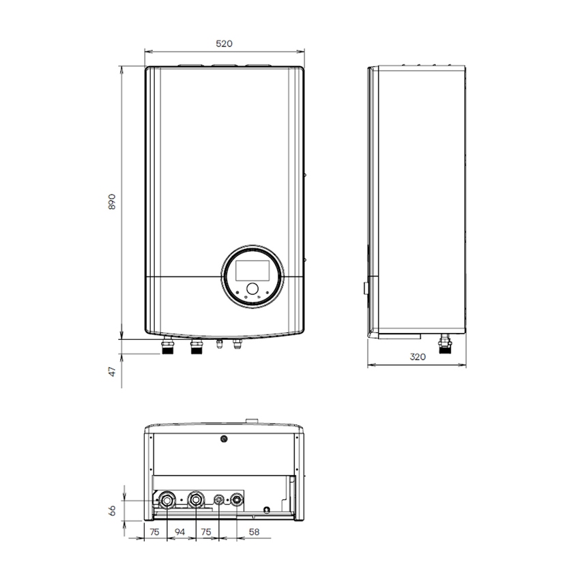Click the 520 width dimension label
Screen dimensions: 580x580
pos(224,44)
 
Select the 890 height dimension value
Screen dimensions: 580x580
pos(113,202)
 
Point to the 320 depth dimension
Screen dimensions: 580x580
pos(418,356)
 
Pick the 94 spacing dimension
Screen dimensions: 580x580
pos(181,532)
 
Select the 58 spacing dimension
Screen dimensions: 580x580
pos(253,532)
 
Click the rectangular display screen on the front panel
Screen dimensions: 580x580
pos(250,268)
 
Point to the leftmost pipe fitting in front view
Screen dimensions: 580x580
pos(167,348)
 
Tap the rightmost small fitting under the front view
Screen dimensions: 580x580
pos(237,345)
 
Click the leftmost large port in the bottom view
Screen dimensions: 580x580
pos(167,502)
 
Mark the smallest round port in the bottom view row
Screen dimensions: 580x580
pos(219,500)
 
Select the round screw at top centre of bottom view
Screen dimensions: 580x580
pos(223,439)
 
